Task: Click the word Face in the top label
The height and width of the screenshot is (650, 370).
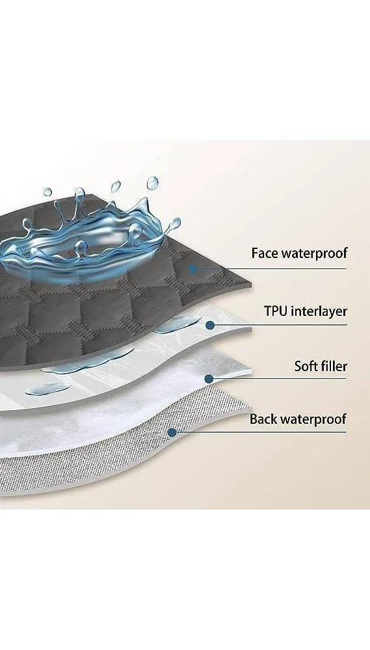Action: (264, 253)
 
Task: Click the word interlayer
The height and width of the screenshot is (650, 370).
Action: (319, 311)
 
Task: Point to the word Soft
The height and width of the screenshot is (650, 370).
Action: (305, 366)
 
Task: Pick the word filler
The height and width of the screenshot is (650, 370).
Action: (333, 366)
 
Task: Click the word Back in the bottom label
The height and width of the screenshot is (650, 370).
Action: (263, 419)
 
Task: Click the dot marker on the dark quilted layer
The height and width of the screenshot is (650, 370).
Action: (192, 268)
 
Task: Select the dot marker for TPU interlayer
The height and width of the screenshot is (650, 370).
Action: (210, 325)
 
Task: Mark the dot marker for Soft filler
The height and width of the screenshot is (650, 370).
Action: (209, 378)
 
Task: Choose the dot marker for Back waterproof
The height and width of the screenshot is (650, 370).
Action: (172, 432)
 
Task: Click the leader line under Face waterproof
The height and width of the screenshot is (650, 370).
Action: (270, 268)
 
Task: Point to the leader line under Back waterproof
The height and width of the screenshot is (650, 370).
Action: (259, 432)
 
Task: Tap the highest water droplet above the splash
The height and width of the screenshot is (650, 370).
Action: (152, 183)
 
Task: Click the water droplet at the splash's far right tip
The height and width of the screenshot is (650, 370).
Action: (175, 224)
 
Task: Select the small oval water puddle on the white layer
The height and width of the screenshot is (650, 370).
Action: (47, 389)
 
